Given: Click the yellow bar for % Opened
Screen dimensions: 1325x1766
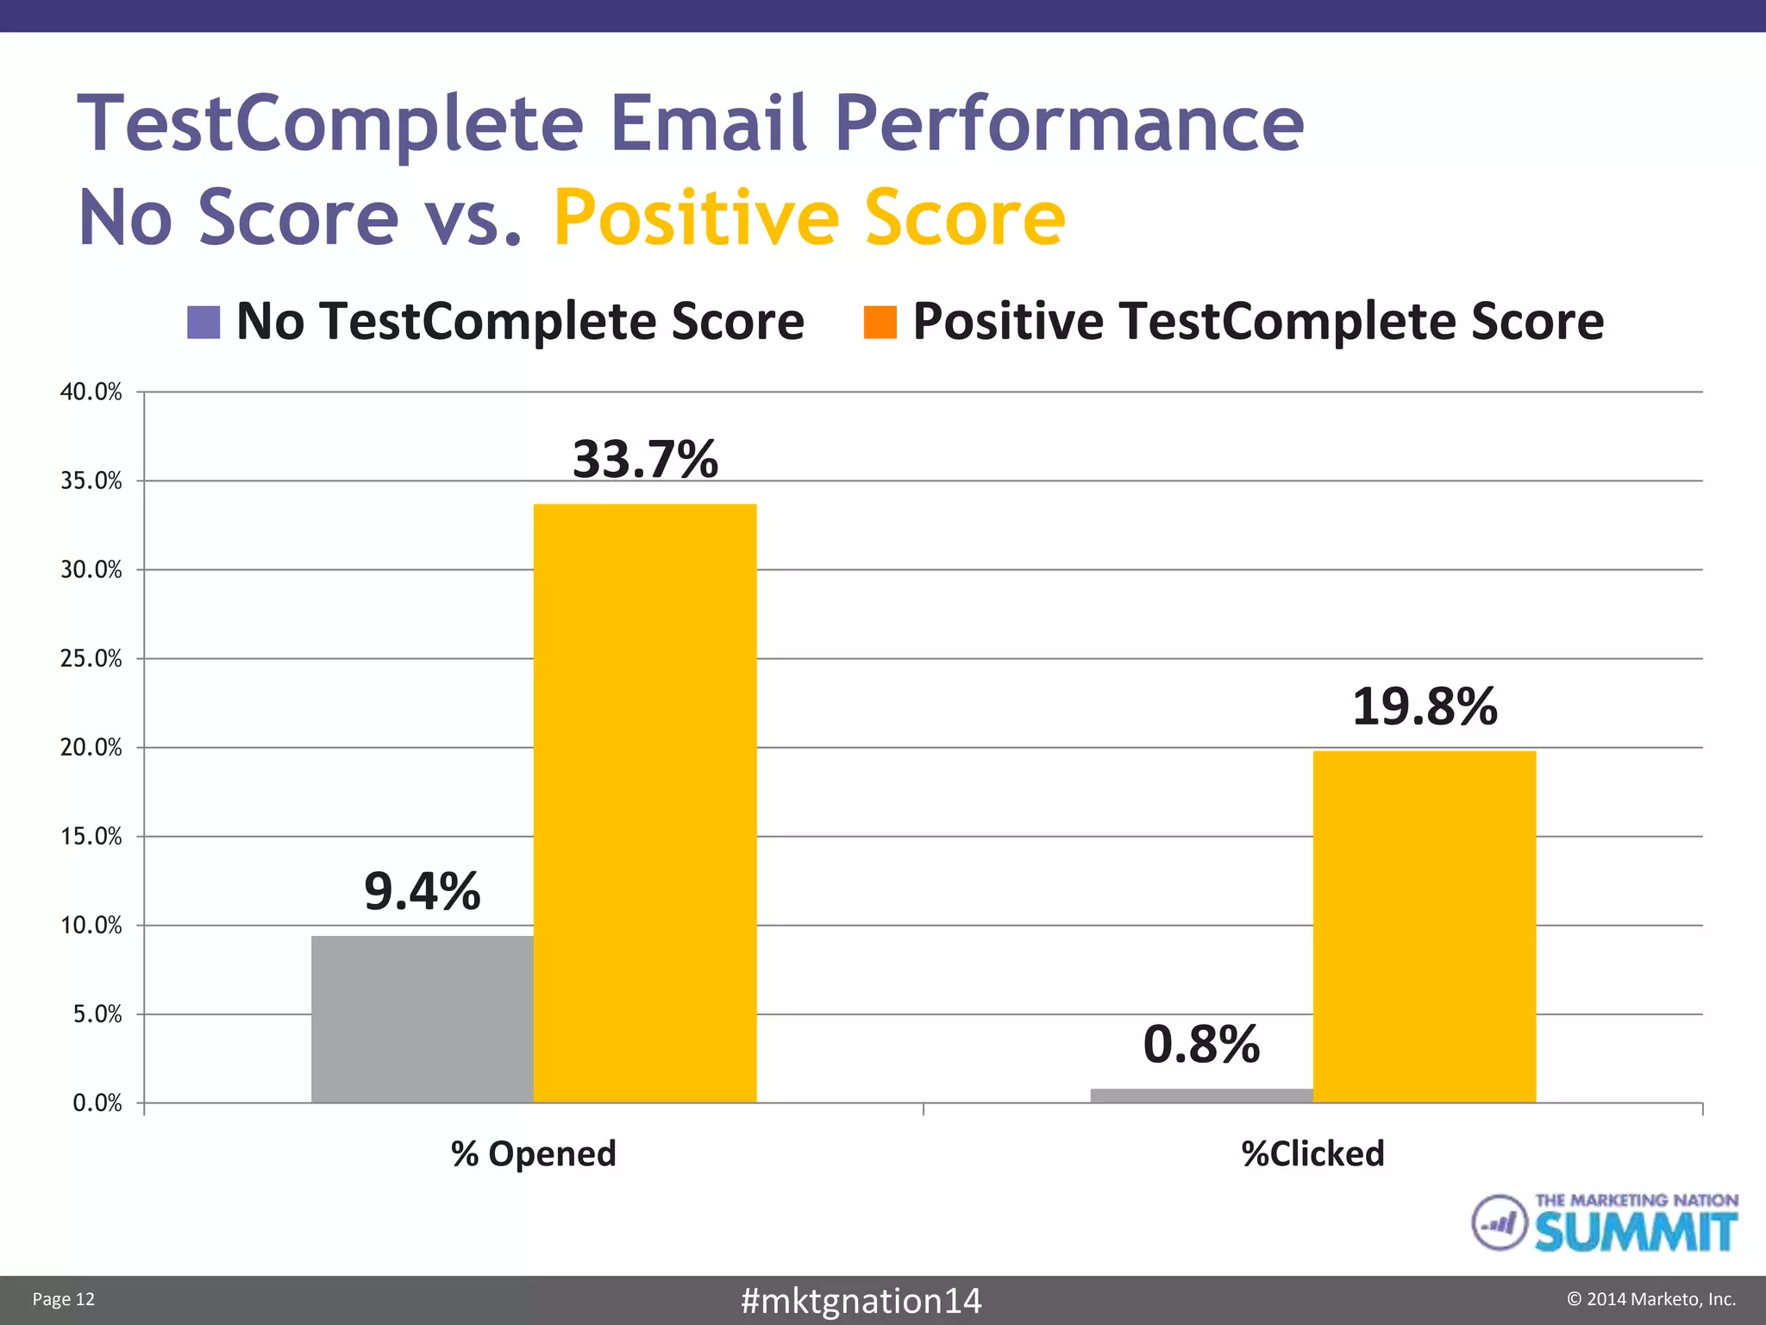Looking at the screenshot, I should [645, 802].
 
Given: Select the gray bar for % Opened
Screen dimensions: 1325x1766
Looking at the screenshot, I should [422, 1019].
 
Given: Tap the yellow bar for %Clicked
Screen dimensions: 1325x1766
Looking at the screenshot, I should [1425, 926].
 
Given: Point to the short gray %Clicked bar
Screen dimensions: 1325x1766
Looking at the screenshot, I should [1201, 1096].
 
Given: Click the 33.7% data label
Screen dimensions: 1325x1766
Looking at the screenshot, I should [645, 459].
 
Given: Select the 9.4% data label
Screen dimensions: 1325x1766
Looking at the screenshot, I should [422, 892].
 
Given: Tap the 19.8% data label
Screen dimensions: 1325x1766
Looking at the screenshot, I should [1425, 707].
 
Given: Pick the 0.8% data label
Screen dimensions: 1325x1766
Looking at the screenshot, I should [1201, 1045].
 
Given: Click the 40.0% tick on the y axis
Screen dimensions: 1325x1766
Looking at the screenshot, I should [91, 392].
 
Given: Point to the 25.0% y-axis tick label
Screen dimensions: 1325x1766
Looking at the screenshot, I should [91, 659].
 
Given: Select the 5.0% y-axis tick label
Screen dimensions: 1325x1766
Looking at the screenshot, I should [97, 1014].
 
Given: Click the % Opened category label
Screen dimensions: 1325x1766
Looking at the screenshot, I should [533, 1154].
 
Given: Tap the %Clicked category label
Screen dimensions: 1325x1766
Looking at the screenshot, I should [1312, 1154].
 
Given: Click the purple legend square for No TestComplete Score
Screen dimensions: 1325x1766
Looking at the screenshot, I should [204, 323].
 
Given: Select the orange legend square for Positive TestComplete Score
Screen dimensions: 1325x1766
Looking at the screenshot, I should [880, 323].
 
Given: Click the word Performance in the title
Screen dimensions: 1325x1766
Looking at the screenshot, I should [1069, 123].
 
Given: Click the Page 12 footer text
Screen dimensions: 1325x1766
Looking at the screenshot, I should [63, 1300].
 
